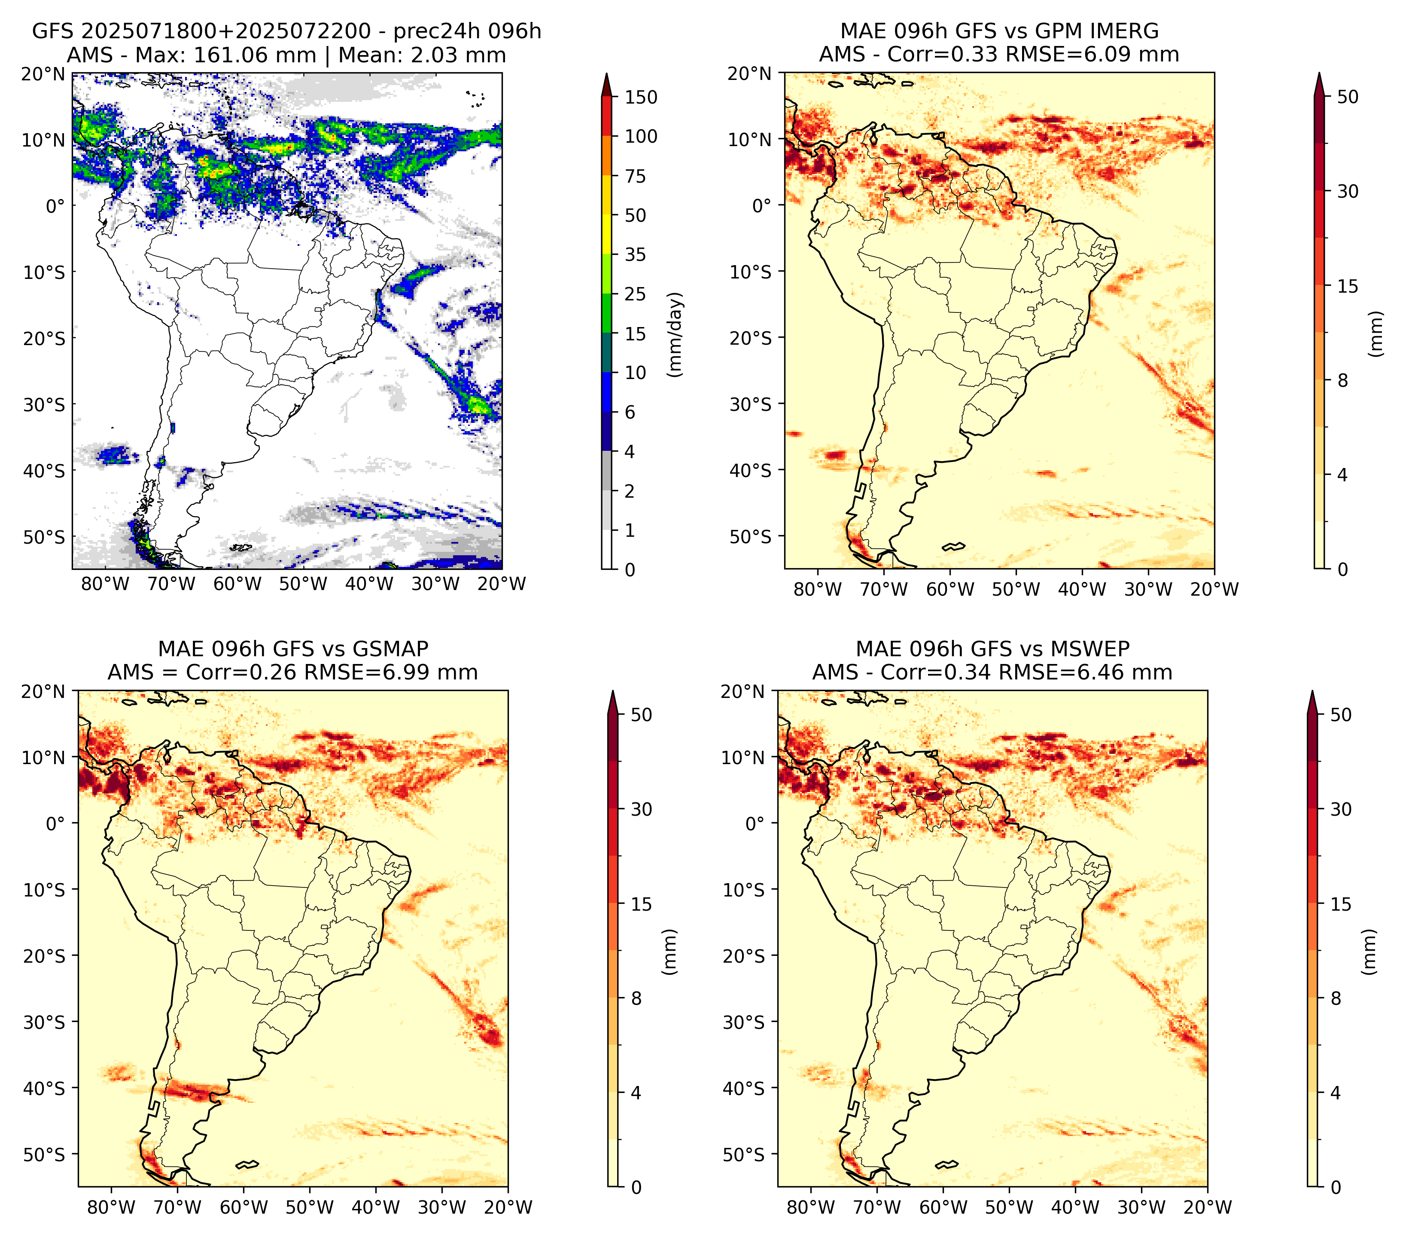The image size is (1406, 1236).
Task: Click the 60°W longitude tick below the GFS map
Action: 237,584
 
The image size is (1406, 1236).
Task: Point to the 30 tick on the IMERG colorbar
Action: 1348,191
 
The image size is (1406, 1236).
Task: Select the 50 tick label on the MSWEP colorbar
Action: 1341,715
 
